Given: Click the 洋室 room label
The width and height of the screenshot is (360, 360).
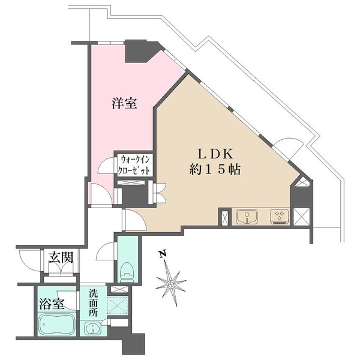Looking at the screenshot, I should point(124,104).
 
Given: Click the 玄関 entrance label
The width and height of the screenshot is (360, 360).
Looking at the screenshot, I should point(61,259).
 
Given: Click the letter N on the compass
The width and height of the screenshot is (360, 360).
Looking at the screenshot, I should point(162,254).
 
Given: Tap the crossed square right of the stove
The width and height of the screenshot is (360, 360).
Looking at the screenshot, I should point(301,216).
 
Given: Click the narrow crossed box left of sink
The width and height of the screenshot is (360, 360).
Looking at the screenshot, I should point(224,217).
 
